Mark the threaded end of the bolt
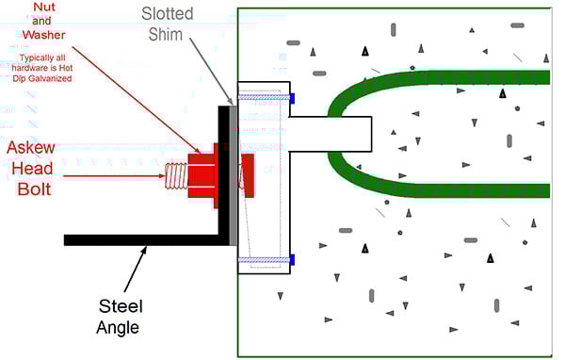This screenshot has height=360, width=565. pyautogui.click(x=175, y=175)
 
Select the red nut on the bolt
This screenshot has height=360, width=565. pyautogui.click(x=202, y=174)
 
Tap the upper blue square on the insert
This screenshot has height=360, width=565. pyautogui.click(x=293, y=97)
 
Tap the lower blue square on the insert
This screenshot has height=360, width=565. pyautogui.click(x=293, y=259)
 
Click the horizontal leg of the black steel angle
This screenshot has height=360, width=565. pyautogui.click(x=141, y=237)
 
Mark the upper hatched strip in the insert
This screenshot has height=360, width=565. pyautogui.click(x=264, y=97)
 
